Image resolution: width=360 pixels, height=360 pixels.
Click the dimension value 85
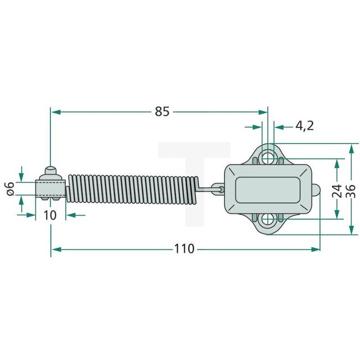coord(161,112)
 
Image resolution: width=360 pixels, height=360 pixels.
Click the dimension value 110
coord(184,249)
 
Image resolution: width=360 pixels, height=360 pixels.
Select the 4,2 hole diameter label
coord(304,126)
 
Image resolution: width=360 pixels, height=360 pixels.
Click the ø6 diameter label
coord(9,188)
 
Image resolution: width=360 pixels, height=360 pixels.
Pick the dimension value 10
coord(50,215)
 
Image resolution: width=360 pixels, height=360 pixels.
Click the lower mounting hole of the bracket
coord(268,220)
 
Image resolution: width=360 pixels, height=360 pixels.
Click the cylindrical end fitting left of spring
coord(50,189)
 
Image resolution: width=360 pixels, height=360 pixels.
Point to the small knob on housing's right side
coord(316,189)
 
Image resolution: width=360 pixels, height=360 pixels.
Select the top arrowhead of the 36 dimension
coord(351,148)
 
